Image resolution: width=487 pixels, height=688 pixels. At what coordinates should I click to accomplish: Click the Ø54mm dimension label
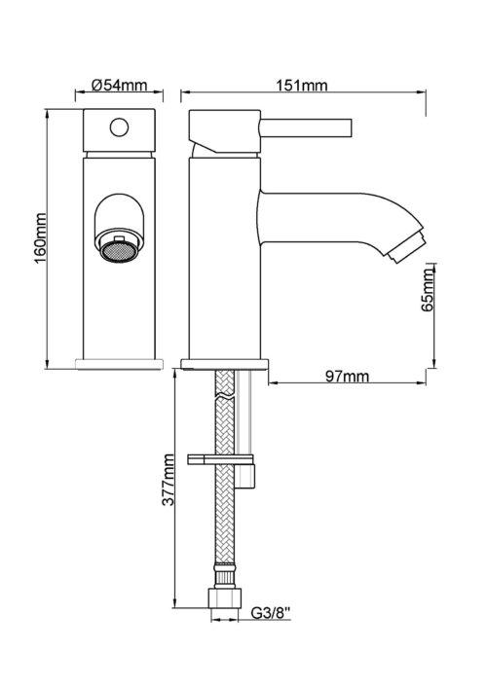click(120, 85)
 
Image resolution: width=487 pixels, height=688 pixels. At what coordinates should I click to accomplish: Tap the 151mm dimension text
click(302, 85)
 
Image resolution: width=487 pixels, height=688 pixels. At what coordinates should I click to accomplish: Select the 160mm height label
click(40, 237)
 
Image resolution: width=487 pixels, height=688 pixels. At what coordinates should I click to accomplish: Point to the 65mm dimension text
click(427, 290)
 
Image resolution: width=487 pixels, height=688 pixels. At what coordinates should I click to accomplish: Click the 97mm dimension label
click(347, 376)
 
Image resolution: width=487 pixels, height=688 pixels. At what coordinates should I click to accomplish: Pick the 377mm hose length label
click(169, 480)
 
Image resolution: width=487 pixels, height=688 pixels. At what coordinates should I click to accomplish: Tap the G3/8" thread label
click(272, 612)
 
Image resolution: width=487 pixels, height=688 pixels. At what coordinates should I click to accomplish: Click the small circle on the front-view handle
click(119, 127)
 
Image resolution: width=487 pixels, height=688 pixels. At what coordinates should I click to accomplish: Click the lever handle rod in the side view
click(306, 127)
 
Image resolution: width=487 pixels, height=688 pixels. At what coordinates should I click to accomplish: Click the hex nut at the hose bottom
click(224, 598)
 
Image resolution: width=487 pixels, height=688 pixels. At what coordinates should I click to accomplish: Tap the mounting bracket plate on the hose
click(220, 459)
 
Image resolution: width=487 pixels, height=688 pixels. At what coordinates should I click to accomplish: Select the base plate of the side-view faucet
click(224, 364)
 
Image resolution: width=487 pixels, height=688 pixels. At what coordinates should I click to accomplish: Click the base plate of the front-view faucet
click(119, 364)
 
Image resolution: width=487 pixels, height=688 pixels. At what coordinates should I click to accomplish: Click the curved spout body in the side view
click(334, 219)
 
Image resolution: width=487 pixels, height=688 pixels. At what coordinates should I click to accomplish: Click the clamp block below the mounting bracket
click(245, 476)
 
